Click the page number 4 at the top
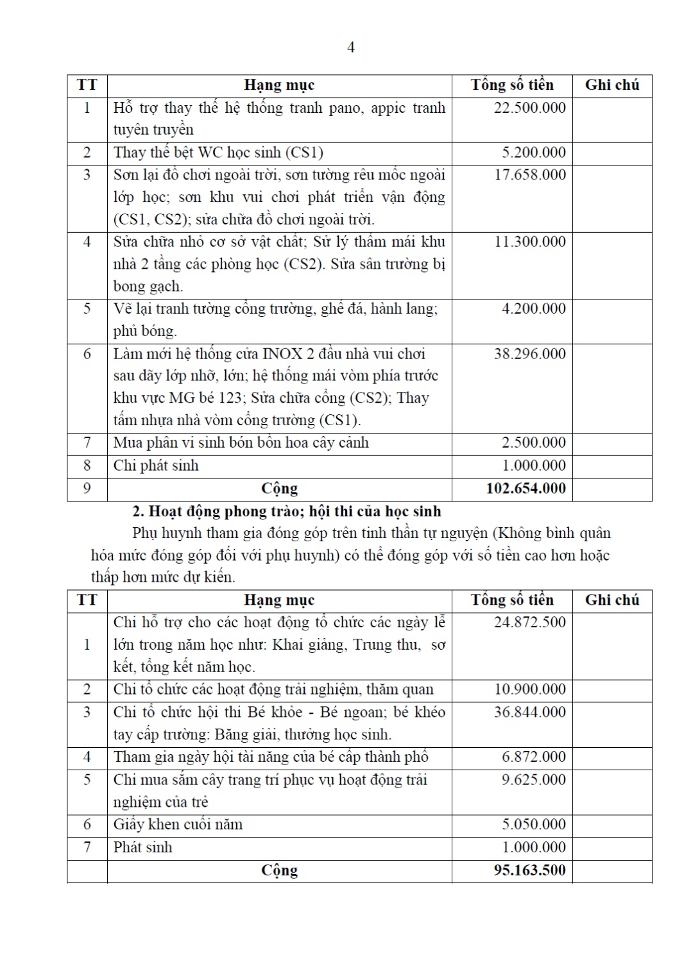[x=350, y=47]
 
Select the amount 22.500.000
[x=529, y=108]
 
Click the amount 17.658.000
[x=529, y=175]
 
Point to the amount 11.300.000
[x=529, y=242]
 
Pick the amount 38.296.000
[x=529, y=353]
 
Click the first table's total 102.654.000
[x=525, y=489]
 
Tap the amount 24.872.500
[x=529, y=622]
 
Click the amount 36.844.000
[x=529, y=712]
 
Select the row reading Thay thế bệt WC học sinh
[x=218, y=153]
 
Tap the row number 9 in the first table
[x=87, y=489]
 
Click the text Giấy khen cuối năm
[x=178, y=824]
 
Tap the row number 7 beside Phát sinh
[x=87, y=847]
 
